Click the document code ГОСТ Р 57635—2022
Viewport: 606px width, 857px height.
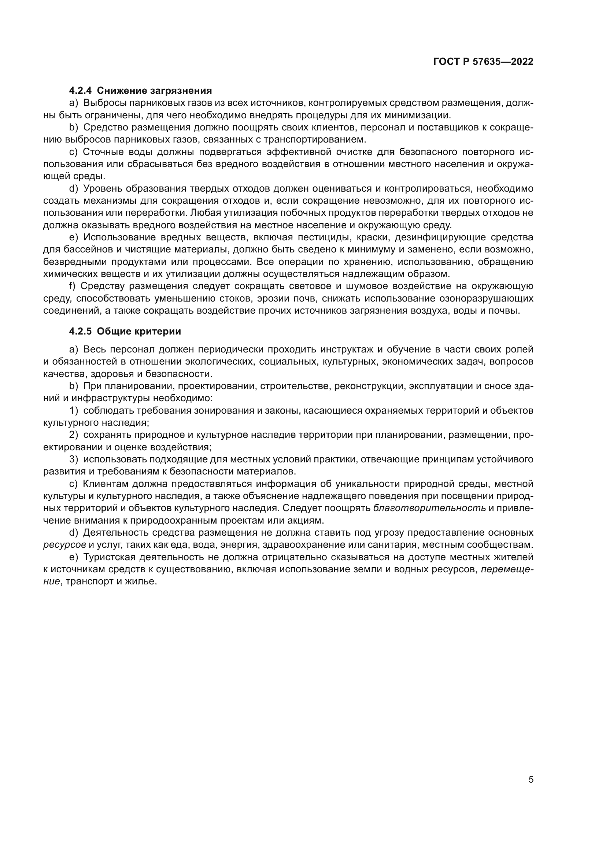483,62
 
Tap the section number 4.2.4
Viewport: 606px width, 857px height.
81,91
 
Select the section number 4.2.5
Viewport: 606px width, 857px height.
81,332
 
